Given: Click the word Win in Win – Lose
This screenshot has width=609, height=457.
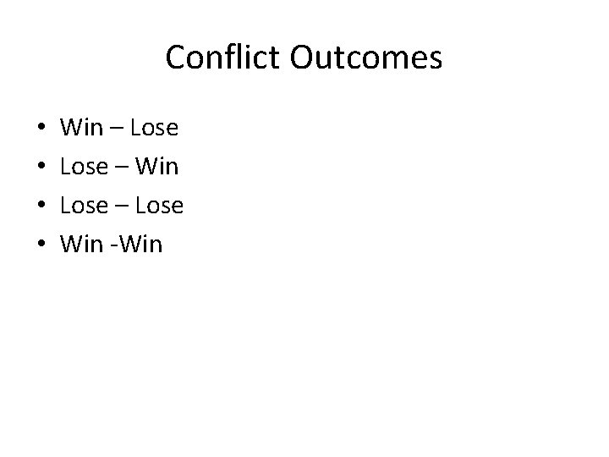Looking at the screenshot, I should click(x=81, y=129).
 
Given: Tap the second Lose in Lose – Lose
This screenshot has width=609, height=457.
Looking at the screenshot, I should click(x=159, y=206).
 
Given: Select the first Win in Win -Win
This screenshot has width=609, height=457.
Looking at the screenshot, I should click(x=81, y=245).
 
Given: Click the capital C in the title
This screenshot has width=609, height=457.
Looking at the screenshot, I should click(x=175, y=58).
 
